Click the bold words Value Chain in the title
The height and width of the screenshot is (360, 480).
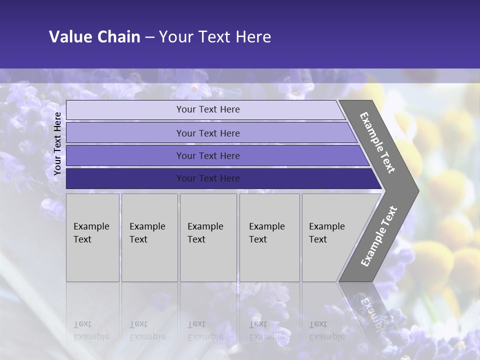click(x=94, y=37)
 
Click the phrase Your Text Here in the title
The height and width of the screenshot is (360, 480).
click(x=215, y=37)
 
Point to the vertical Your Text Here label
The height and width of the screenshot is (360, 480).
click(x=57, y=143)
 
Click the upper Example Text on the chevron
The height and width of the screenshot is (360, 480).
click(x=377, y=142)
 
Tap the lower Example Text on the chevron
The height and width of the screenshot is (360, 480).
click(x=378, y=236)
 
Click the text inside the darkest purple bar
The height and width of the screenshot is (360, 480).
click(x=208, y=178)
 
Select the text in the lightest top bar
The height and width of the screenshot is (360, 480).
click(x=208, y=109)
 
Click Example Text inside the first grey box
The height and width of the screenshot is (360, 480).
click(x=91, y=233)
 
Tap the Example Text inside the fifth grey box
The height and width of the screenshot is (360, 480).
click(x=326, y=233)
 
